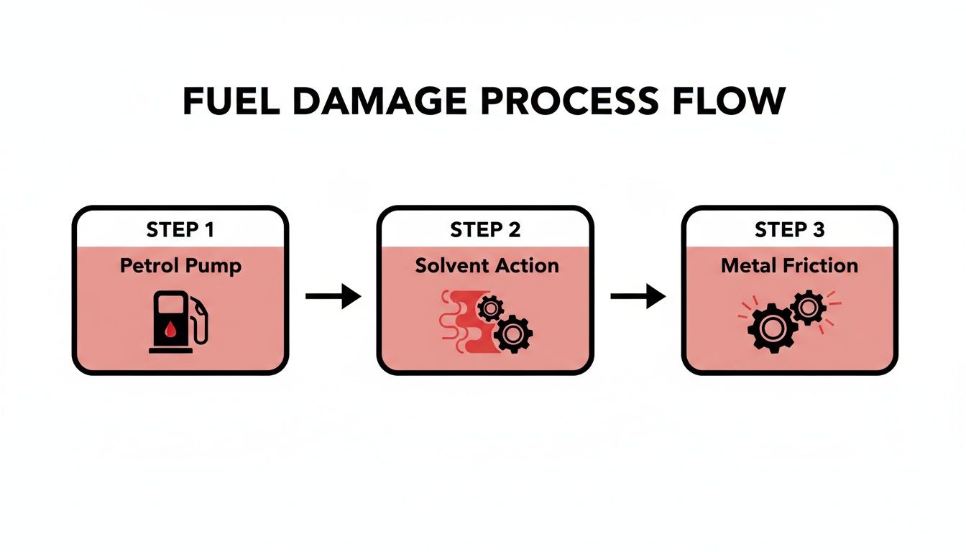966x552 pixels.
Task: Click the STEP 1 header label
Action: click(180, 230)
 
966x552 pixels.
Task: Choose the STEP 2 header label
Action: click(484, 230)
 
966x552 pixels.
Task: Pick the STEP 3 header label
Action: click(789, 230)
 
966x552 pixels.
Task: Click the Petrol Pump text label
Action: click(180, 266)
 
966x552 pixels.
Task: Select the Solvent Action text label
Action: click(487, 266)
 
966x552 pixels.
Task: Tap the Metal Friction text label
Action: click(789, 266)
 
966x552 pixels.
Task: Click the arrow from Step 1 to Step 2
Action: click(333, 295)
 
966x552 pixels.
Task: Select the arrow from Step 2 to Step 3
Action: click(638, 295)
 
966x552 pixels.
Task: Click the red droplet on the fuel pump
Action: click(170, 329)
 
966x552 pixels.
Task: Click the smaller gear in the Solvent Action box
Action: click(490, 309)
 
